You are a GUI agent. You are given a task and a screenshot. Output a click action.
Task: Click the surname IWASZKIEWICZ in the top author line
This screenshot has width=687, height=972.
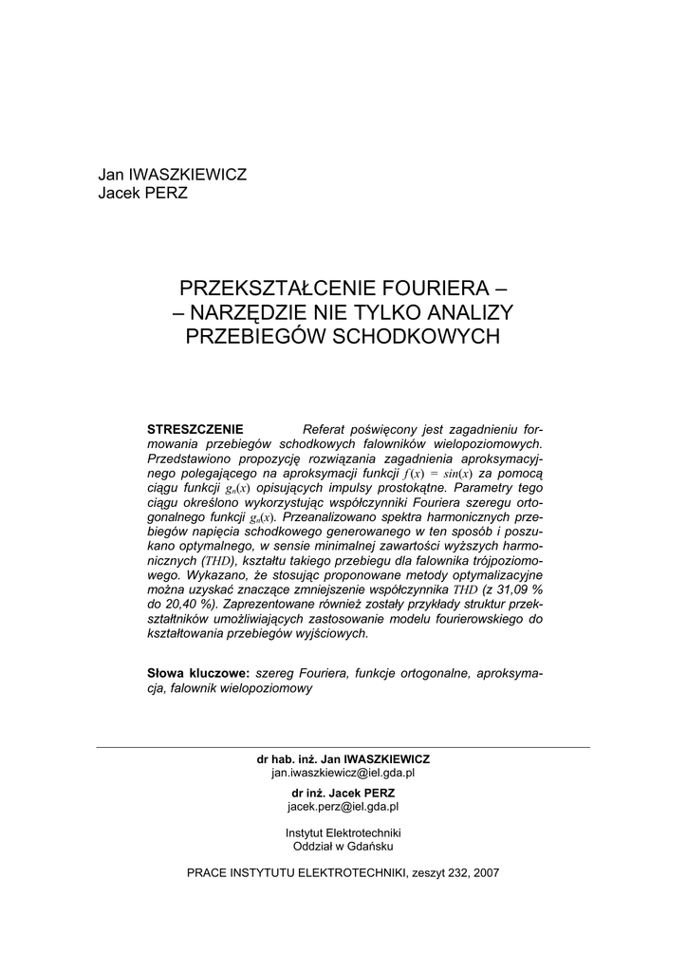[186, 176]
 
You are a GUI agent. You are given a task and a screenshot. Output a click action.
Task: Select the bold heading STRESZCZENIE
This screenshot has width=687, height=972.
[195, 428]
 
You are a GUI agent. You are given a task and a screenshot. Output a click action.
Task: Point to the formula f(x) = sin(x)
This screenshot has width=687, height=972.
[444, 473]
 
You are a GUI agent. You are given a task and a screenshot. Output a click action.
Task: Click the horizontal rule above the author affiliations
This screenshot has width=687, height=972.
[343, 747]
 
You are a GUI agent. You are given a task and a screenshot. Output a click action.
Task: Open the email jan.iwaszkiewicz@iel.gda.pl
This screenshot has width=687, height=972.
[343, 774]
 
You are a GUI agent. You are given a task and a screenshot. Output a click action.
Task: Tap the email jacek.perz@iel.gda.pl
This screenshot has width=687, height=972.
[343, 806]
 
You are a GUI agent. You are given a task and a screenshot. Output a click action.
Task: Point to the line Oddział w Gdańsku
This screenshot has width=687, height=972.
[343, 845]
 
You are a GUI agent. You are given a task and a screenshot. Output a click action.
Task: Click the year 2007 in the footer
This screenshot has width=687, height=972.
[484, 872]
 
